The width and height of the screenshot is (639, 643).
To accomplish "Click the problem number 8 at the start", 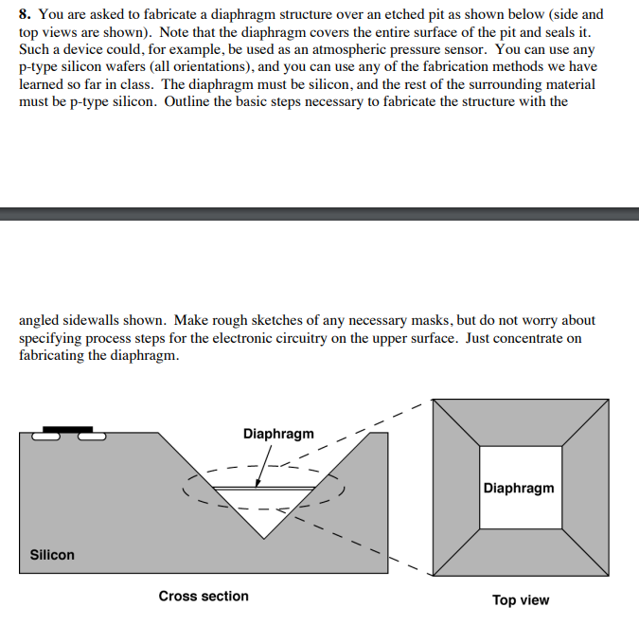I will (24, 15).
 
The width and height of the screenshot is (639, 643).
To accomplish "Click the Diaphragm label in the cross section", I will (278, 434).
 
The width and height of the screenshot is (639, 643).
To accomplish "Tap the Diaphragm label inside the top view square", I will (519, 489).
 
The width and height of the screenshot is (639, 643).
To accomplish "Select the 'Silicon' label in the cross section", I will (52, 555).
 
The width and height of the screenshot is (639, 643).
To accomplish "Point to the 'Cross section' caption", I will (204, 597).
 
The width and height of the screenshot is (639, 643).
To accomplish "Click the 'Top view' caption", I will (520, 600).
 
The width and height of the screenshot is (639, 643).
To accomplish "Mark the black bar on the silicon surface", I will (68, 429).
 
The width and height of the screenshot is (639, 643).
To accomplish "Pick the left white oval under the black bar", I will (45, 437).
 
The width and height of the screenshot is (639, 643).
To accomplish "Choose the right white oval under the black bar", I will (92, 437).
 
